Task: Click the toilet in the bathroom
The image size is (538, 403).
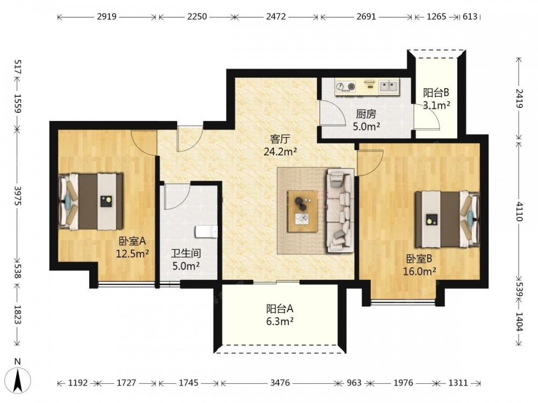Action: pos(206,232)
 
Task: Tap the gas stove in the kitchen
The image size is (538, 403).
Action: pos(345,87)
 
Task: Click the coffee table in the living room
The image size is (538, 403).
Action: pos(302,211)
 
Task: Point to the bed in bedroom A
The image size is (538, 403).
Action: pos(90,201)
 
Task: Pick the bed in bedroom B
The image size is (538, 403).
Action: pos(447,219)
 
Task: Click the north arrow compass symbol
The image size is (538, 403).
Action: pos(19,380)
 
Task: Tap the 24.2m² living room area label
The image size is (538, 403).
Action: pos(280,152)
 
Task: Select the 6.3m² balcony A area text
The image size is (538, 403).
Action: pos(280,321)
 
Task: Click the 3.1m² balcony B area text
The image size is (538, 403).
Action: pos(436,105)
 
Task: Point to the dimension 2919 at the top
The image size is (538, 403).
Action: pos(107,17)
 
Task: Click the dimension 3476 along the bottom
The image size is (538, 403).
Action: pos(280,383)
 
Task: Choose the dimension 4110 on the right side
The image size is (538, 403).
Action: pos(519,211)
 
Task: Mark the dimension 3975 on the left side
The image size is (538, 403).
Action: pos(18,196)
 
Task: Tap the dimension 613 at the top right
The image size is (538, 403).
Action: pos(470,17)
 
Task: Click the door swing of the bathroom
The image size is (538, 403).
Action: pos(178,196)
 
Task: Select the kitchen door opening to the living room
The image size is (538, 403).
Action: pos(332,113)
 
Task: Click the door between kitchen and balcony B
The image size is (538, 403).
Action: pos(427,117)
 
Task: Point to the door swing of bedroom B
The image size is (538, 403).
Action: pos(370,163)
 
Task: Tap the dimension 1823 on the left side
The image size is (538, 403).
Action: pos(18,314)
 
